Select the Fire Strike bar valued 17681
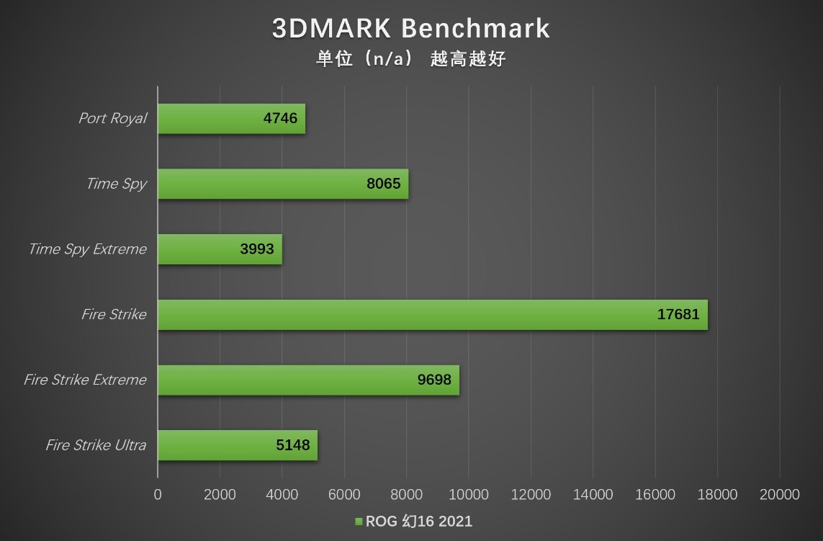point(432,315)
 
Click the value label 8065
point(383,184)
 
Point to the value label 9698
point(434,380)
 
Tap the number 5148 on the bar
point(293,445)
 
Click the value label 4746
point(280,119)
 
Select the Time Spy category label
point(116,184)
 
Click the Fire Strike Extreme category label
point(85,380)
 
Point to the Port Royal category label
point(112,119)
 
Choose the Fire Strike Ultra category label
point(96,445)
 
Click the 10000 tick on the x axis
point(469,495)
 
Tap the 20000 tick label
point(780,495)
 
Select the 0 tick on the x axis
point(158,495)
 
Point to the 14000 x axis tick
point(593,495)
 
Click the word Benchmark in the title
point(475,29)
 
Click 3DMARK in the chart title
point(332,29)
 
